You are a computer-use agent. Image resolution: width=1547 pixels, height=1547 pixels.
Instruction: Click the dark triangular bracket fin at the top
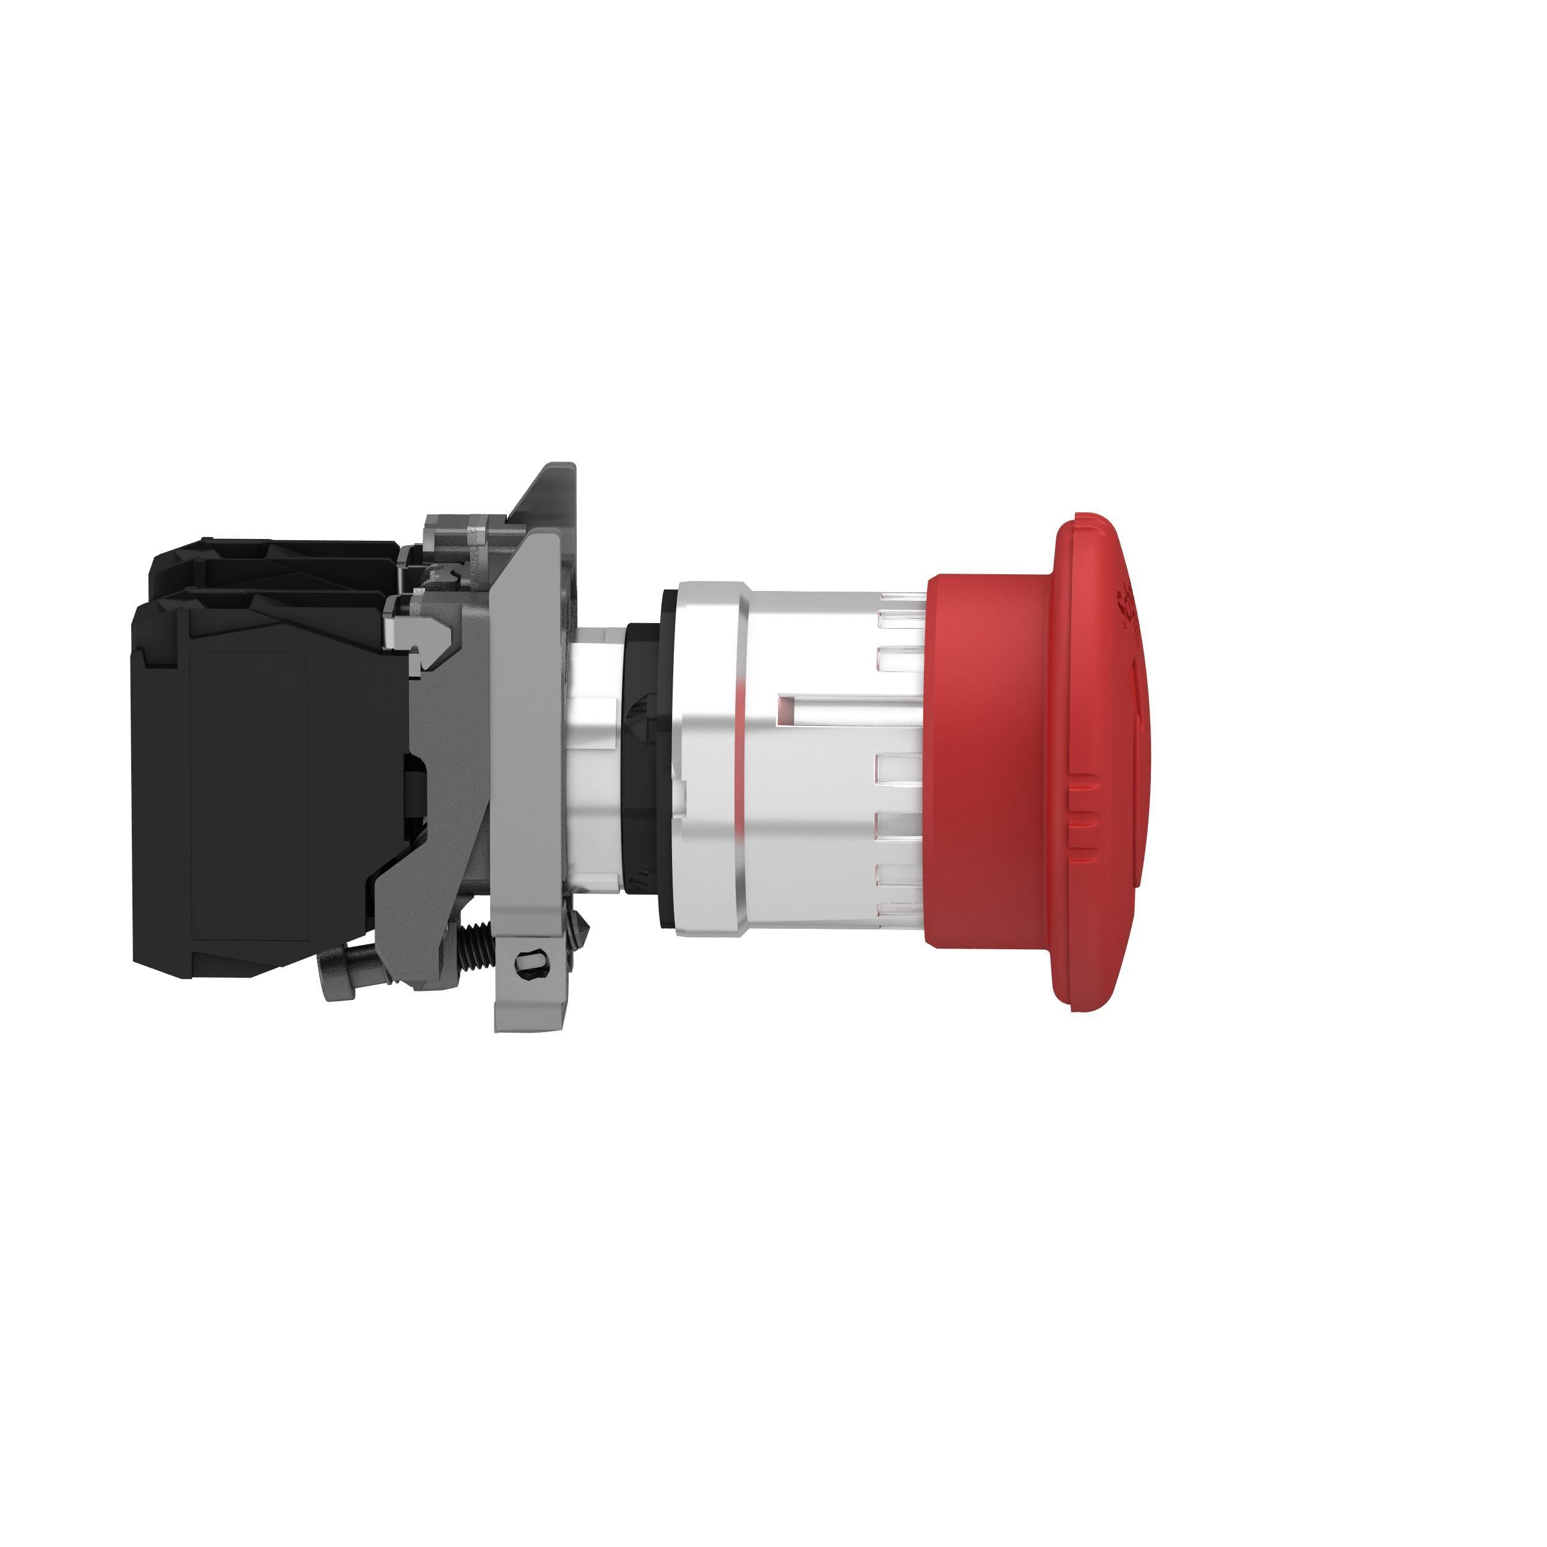[x=548, y=496]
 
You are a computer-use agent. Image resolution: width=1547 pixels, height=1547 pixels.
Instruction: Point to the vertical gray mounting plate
[x=520, y=721]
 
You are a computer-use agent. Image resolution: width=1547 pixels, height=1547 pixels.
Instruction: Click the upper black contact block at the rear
[x=272, y=564]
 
